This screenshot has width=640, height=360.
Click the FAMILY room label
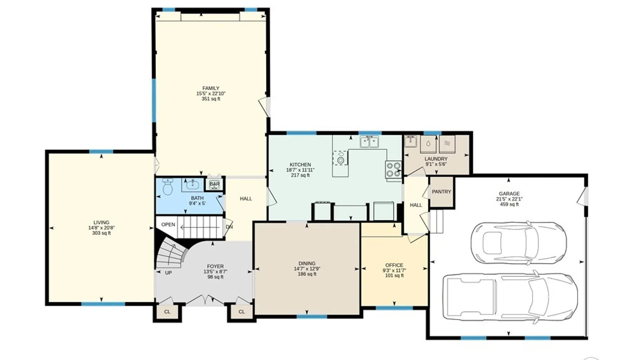(211, 88)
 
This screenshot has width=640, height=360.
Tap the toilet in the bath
(167, 187)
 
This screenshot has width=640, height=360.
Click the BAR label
(214, 184)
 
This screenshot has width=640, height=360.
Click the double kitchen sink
(369, 142)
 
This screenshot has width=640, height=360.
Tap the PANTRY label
(441, 192)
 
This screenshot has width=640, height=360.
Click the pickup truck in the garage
(510, 297)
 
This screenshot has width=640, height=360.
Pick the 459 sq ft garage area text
(509, 204)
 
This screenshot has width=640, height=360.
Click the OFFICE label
(394, 265)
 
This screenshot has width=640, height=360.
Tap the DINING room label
(307, 263)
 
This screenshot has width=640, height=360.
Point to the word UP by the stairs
(168, 273)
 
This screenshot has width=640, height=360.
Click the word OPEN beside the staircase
(168, 225)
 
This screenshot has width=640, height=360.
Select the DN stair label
(229, 227)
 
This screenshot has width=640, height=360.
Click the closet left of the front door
(167, 312)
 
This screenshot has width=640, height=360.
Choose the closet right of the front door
(242, 312)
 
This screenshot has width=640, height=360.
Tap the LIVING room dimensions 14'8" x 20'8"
(101, 228)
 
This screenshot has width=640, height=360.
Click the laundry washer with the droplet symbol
(428, 144)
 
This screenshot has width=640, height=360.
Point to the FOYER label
(215, 266)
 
